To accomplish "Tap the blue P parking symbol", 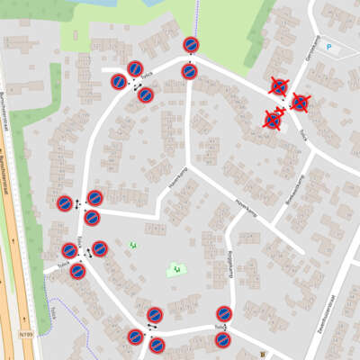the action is [x=328, y=47].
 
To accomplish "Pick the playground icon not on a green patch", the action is [x=133, y=244].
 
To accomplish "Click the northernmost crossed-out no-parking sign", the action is [x=279, y=87].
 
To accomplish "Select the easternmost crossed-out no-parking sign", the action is [x=300, y=103].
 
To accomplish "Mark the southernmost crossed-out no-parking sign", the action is [x=273, y=120].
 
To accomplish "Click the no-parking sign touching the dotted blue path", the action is [x=191, y=45].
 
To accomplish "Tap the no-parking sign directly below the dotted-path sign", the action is [x=189, y=71].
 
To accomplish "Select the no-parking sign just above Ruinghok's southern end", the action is [x=224, y=314].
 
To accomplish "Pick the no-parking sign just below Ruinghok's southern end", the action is [x=223, y=340].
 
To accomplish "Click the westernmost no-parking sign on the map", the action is [x=65, y=204].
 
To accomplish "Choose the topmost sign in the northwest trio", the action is [x=135, y=69].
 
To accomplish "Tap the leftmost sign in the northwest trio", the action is [x=119, y=82].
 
